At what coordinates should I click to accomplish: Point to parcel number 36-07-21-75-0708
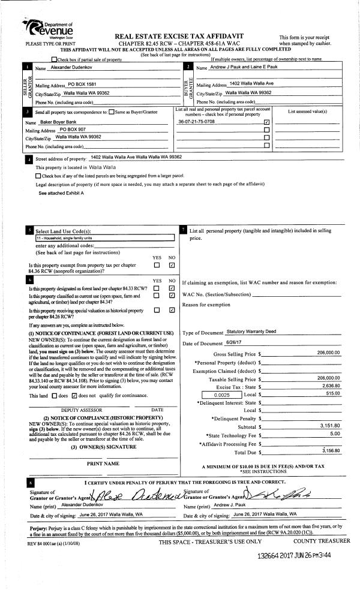[x=197, y=122]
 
